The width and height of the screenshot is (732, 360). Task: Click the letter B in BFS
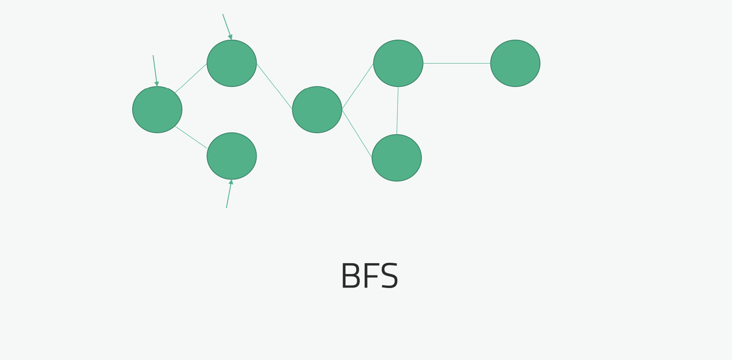(351, 275)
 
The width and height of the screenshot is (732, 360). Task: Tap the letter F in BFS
(372, 275)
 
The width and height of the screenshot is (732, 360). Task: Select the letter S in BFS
(389, 275)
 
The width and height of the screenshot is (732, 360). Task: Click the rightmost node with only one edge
(515, 63)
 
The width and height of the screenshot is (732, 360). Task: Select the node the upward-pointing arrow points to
(232, 156)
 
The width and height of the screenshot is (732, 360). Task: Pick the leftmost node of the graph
(157, 110)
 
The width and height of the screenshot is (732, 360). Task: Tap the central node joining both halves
(317, 110)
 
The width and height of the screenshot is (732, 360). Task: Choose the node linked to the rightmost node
(398, 63)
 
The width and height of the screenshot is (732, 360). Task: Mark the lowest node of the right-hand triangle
(397, 158)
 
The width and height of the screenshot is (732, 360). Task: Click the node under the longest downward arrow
(157, 110)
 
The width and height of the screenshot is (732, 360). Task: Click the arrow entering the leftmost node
(155, 70)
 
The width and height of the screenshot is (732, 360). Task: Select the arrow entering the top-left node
(227, 26)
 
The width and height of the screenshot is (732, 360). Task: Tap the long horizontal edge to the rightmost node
(457, 63)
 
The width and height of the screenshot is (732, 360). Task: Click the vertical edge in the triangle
(397, 110)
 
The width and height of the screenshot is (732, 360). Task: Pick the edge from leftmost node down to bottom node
(191, 137)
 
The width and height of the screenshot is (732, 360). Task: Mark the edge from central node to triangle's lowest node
(357, 133)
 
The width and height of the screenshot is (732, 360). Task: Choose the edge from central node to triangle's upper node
(358, 86)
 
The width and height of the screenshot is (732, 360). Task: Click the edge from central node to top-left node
(274, 86)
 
